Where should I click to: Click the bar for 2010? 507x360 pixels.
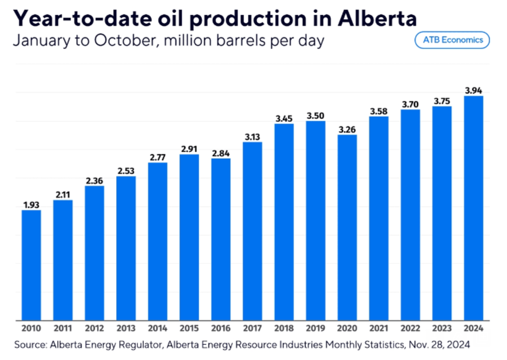click(31, 265)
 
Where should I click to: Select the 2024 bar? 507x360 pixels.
click(473, 208)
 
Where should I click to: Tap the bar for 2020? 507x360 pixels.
click(347, 227)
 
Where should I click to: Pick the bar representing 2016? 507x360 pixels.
click(221, 239)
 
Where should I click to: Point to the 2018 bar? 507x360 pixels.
click(284, 222)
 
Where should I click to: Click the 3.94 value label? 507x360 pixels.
click(473, 90)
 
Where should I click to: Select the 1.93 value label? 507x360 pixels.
click(31, 205)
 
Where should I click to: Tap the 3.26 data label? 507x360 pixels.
click(347, 129)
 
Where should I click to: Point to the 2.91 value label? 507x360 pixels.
click(189, 149)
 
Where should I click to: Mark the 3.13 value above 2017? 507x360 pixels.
click(252, 137)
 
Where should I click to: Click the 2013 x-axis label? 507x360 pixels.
click(126, 328)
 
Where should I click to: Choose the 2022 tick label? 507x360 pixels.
click(410, 328)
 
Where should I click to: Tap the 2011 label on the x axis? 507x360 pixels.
click(62, 328)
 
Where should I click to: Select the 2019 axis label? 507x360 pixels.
click(316, 328)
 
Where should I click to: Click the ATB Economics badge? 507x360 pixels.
click(452, 40)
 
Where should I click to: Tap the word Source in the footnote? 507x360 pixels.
click(29, 344)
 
